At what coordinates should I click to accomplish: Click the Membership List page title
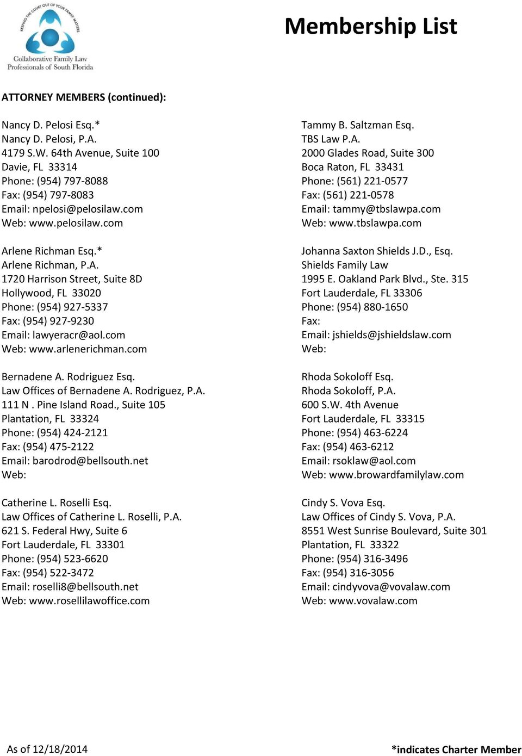[371, 26]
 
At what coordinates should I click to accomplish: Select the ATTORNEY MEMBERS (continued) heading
[84, 97]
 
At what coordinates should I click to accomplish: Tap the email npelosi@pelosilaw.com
[88, 209]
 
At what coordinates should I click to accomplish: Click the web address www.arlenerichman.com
[88, 349]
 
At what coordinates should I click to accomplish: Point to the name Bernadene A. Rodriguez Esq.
[68, 377]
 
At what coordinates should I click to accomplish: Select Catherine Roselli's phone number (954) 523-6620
[72, 559]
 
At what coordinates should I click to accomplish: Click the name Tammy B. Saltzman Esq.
[357, 125]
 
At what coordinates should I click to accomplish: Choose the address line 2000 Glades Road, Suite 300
[368, 153]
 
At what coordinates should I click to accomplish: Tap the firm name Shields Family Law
[344, 265]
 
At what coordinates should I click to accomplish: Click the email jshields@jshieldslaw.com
[391, 335]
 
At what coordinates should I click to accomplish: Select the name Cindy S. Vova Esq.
[343, 503]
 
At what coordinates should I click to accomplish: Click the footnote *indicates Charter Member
[456, 749]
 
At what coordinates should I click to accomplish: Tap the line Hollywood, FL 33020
[51, 293]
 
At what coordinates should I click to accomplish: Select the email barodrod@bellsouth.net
[90, 461]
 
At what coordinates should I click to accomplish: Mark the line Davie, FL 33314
[39, 167]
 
